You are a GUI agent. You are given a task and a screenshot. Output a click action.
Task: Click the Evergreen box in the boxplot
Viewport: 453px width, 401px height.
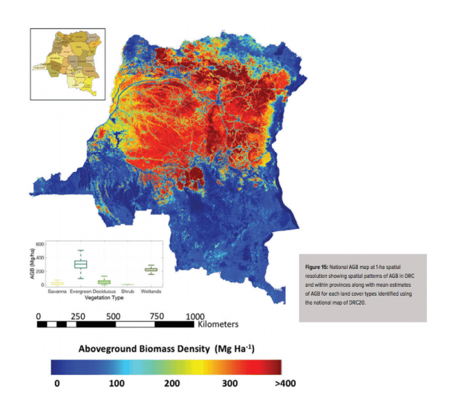pyautogui.click(x=81, y=264)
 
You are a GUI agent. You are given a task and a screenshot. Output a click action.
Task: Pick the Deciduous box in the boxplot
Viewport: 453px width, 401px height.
pyautogui.click(x=105, y=282)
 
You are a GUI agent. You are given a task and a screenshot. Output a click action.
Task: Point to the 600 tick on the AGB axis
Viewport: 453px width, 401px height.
pyautogui.click(x=42, y=244)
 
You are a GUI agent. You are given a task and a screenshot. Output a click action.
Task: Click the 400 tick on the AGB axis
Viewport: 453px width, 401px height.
pyautogui.click(x=42, y=257)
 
